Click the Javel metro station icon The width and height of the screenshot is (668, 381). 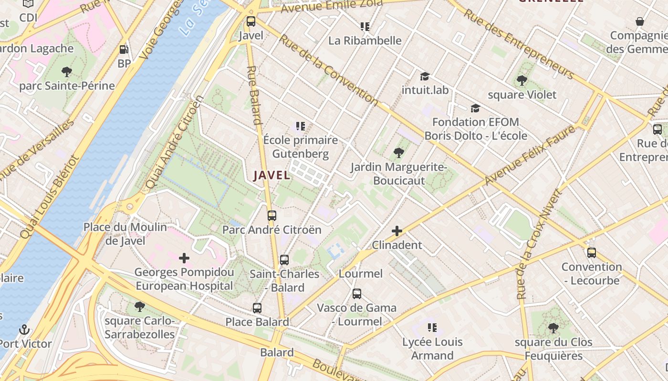pos(250,21)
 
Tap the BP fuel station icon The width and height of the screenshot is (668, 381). pos(124,49)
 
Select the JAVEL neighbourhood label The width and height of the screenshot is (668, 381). pos(271,175)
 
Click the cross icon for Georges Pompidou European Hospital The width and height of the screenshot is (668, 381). pos(184,258)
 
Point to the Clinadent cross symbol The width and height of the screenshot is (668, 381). pos(397,231)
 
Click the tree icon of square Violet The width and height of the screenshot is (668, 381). pos(522,80)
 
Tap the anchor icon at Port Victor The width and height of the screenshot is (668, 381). pos(24,330)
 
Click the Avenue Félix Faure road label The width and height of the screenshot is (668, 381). pos(530,155)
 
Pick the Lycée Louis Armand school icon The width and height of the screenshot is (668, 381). pos(432,328)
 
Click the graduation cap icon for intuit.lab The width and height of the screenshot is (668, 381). pos(425,76)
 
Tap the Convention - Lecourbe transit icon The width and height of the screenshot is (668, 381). pos(592,253)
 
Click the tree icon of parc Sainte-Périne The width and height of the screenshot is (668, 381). pos(67,72)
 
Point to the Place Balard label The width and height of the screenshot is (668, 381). pos(257,322)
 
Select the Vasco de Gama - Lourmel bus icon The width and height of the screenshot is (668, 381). pos(357,294)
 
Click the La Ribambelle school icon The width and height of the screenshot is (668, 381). pos(365,27)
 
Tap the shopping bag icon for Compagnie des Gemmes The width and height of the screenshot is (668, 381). pos(640,21)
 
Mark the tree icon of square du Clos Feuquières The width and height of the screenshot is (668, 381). pos(553,328)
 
